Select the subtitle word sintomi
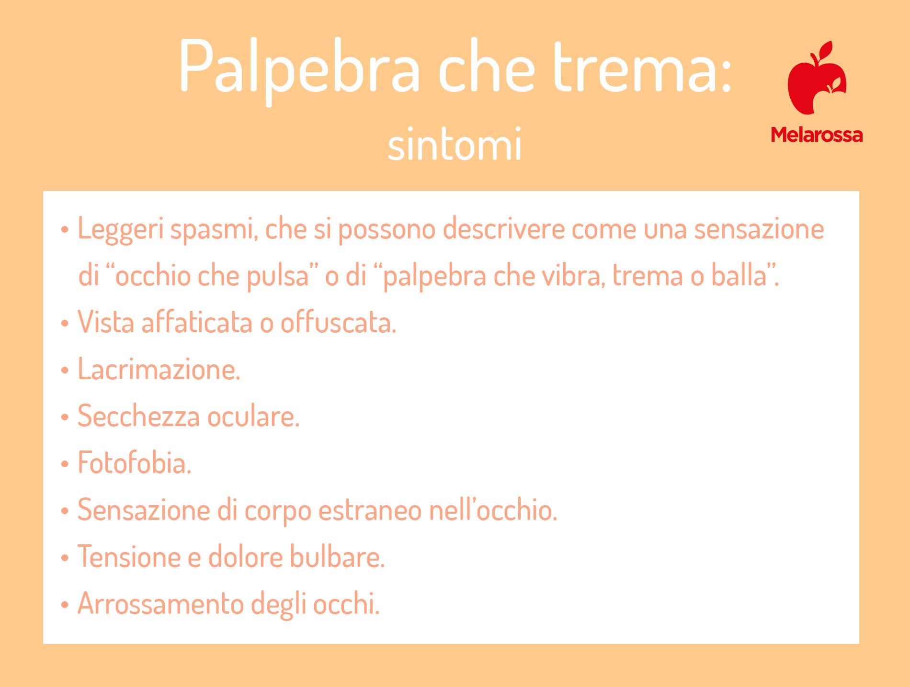click(x=455, y=144)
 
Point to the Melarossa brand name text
click(x=817, y=135)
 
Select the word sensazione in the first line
click(x=759, y=229)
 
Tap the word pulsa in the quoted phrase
click(x=278, y=277)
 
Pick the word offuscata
click(x=338, y=322)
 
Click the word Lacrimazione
click(x=159, y=369)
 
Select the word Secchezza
click(x=139, y=416)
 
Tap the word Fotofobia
click(x=134, y=462)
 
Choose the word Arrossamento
click(x=161, y=603)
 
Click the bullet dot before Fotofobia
click(x=65, y=464)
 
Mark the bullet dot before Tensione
click(x=65, y=558)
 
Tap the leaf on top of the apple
click(x=826, y=51)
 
